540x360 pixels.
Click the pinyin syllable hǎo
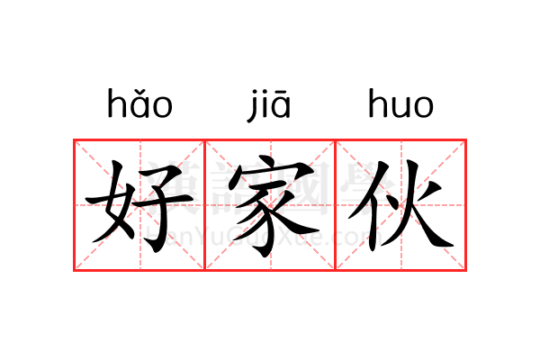pos(139,103)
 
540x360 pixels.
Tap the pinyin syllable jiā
pos(269,105)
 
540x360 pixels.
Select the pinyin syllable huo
pos(400,103)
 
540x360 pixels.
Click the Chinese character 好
pos(139,206)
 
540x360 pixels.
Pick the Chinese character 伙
pos(400,205)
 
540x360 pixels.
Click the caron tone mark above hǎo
pos(139,93)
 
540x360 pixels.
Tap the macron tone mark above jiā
pos(281,93)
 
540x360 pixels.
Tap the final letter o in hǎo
pos(162,108)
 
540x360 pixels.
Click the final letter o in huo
pos(423,108)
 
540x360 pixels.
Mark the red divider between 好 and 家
pos(205,205)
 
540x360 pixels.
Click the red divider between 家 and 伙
pos(336,205)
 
